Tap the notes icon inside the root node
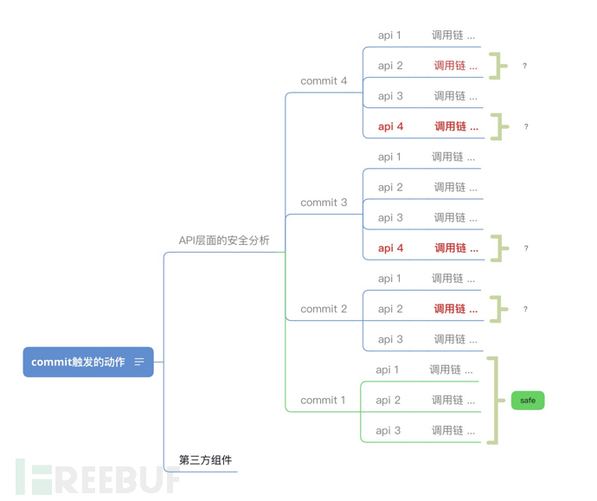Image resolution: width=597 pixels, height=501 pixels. [x=139, y=362]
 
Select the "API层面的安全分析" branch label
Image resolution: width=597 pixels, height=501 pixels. [x=224, y=241]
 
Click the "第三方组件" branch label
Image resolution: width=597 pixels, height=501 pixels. [x=205, y=460]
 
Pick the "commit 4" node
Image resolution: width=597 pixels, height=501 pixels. [x=324, y=81]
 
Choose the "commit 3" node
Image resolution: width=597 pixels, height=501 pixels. [x=324, y=202]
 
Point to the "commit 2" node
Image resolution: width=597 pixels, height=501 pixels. [x=324, y=309]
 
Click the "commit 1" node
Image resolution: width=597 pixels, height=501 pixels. [x=323, y=401]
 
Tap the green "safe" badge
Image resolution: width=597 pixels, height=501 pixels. [x=528, y=401]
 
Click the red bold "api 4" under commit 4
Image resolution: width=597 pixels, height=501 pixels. [x=391, y=126]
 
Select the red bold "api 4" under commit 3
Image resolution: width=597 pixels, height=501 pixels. [x=391, y=248]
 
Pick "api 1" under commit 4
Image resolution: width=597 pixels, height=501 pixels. [x=390, y=35]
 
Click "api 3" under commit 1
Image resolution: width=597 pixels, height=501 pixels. [x=388, y=431]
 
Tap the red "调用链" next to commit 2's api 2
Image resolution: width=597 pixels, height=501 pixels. [x=455, y=309]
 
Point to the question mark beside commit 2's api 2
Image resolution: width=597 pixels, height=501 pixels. [x=525, y=309]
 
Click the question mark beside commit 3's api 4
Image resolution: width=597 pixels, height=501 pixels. [x=525, y=248]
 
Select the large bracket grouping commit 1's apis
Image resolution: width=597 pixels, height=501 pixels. [x=494, y=401]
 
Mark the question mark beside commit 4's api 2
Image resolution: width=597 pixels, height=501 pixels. [x=525, y=66]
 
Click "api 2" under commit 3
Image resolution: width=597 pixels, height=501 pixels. [x=390, y=187]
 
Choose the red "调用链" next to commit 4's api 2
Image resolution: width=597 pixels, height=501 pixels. [x=455, y=66]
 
